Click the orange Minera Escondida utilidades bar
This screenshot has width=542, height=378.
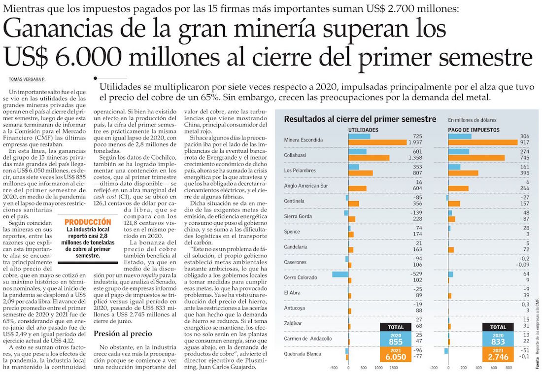(377, 143)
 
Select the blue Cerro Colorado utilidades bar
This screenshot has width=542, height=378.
(340, 274)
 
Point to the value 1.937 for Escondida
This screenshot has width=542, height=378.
(414, 143)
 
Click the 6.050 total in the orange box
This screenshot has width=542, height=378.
(396, 356)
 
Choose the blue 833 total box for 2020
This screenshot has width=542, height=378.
(498, 338)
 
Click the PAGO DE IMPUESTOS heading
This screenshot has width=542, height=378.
(474, 130)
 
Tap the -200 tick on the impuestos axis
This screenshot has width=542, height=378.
(434, 368)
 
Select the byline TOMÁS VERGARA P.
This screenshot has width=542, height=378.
(28, 79)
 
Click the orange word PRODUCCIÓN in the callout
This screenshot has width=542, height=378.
(88, 222)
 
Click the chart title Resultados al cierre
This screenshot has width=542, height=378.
(360, 119)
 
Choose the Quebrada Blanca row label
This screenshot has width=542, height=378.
(303, 354)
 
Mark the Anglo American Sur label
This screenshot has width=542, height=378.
(306, 185)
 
